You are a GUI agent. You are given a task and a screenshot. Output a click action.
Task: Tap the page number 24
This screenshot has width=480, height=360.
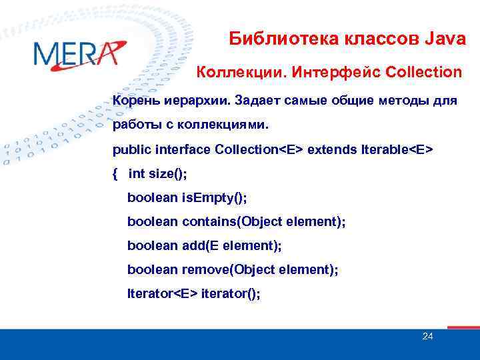coord(428,336)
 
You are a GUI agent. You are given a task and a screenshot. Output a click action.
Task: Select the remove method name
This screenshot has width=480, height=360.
coord(205,269)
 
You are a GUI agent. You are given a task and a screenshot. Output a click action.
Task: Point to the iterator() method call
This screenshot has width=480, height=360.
coord(230,293)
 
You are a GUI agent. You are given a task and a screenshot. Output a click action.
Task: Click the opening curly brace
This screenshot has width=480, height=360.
coord(115,174)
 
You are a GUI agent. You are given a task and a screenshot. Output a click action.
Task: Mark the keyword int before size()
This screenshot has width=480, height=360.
coord(136,174)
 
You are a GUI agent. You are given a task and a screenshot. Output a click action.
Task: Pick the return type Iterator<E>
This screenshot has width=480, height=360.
coord(163,293)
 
